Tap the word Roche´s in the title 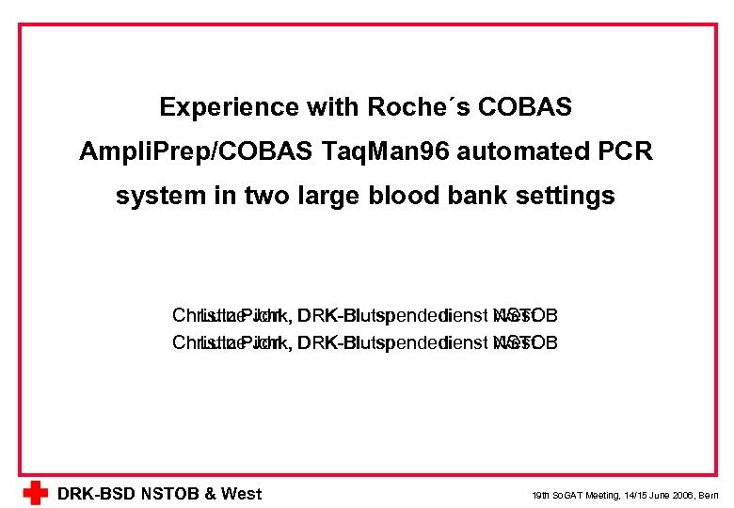[410, 107]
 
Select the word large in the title [300, 196]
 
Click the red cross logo [35, 493]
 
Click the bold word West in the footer [241, 494]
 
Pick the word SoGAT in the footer [570, 495]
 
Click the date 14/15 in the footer [636, 495]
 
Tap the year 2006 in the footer [683, 495]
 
